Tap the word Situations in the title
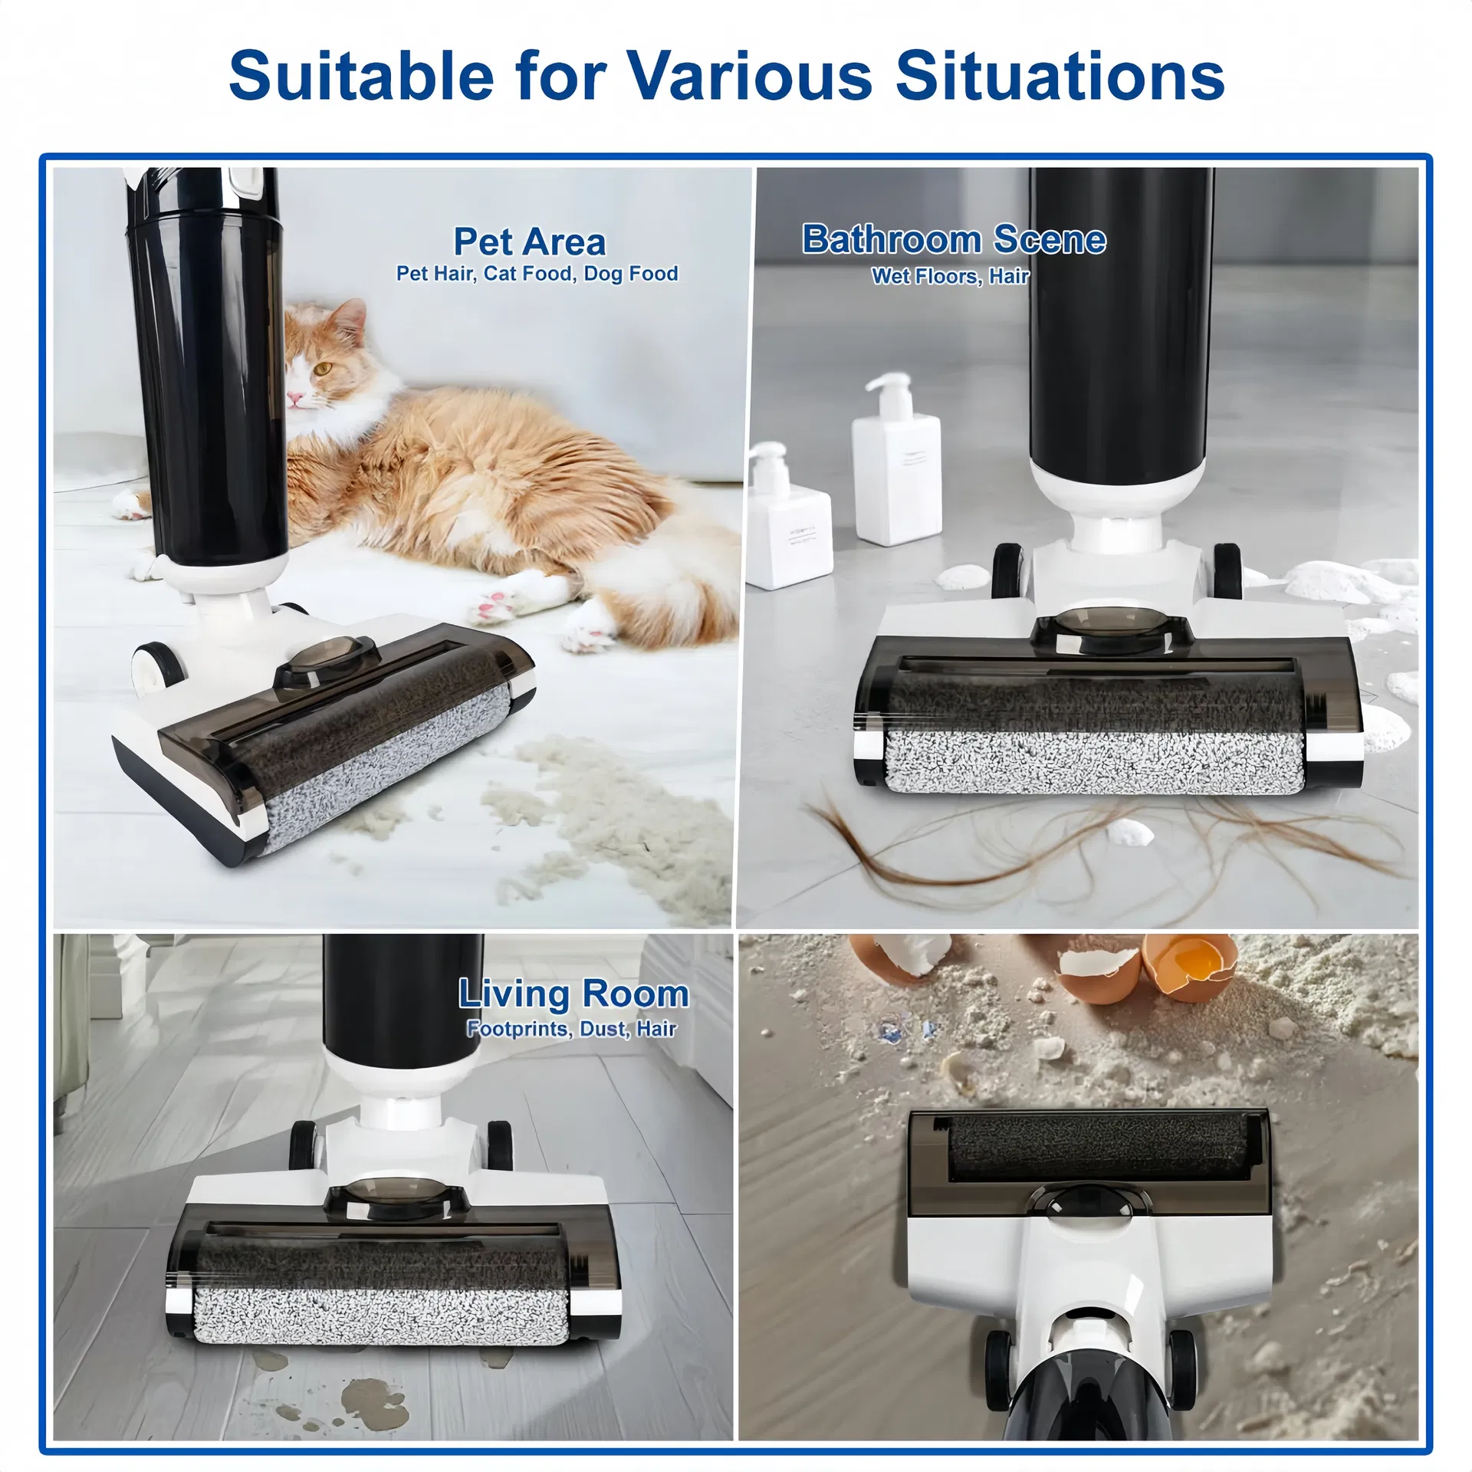tap(1060, 75)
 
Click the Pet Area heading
tap(530, 242)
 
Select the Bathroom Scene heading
tap(954, 239)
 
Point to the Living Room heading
tap(573, 994)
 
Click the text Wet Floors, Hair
tap(950, 276)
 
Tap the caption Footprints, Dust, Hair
tap(571, 1029)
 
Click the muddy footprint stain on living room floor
tap(376, 1395)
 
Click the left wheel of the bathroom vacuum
tap(1007, 571)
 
